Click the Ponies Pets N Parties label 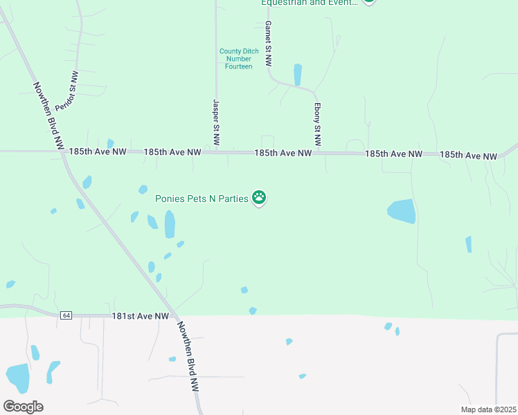(x=201, y=199)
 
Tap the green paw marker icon (x=259, y=198)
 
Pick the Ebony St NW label (x=317, y=124)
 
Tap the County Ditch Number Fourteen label (x=239, y=59)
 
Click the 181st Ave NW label (x=141, y=316)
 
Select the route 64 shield (x=66, y=315)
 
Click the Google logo (x=23, y=407)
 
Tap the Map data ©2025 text (x=488, y=409)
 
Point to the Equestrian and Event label (x=309, y=3)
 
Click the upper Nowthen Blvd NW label (x=49, y=117)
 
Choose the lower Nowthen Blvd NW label (x=188, y=358)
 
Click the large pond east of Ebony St (x=402, y=211)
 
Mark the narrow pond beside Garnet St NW (x=298, y=74)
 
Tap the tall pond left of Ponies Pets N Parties (x=170, y=224)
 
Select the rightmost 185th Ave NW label (x=468, y=156)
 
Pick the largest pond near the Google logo (x=17, y=377)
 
